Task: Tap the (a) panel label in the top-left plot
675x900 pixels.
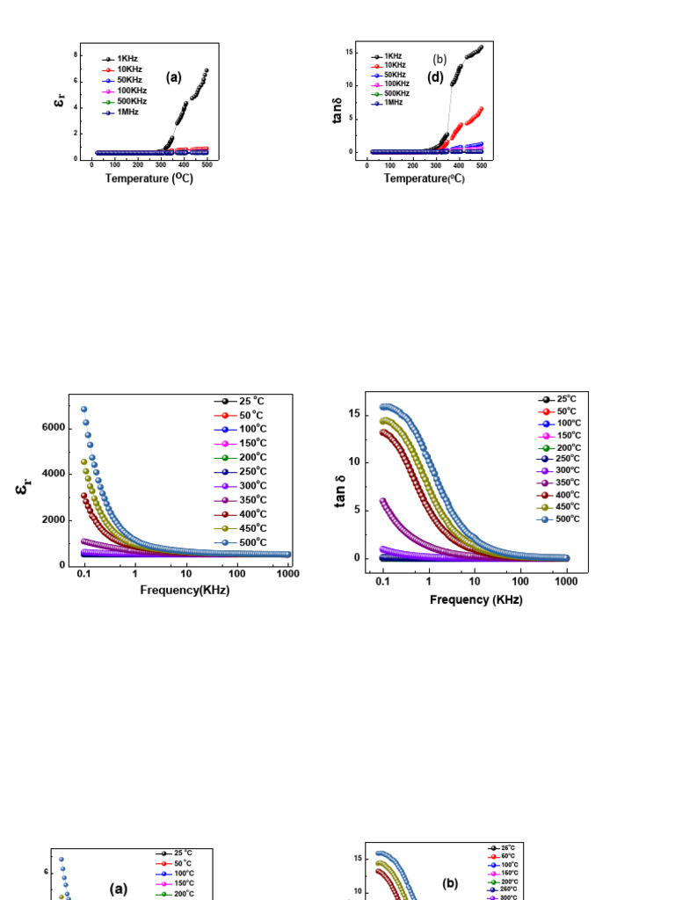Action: pyautogui.click(x=174, y=76)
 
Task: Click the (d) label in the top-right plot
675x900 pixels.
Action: pyautogui.click(x=436, y=76)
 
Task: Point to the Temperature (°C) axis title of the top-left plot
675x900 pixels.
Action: pyautogui.click(x=149, y=178)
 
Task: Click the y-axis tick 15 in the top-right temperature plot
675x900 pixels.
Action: pyautogui.click(x=349, y=52)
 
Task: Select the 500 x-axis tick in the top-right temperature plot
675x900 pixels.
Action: pyautogui.click(x=481, y=165)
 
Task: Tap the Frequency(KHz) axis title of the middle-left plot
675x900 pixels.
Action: pyautogui.click(x=185, y=590)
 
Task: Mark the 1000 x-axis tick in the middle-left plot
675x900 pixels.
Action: pyautogui.click(x=287, y=573)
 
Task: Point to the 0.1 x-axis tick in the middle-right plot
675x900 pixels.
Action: pyautogui.click(x=382, y=582)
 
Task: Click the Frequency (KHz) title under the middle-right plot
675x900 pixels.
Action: pyautogui.click(x=475, y=599)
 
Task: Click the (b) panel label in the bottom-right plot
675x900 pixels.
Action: pyautogui.click(x=451, y=884)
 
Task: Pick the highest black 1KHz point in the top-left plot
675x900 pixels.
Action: pyautogui.click(x=207, y=70)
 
